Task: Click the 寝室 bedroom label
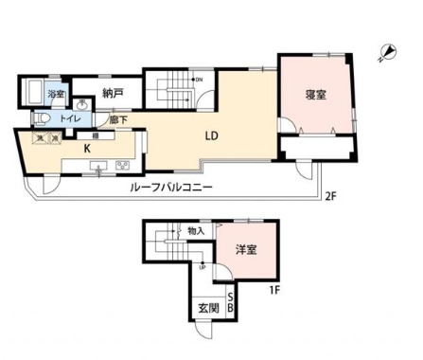(316, 95)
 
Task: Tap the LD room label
(213, 135)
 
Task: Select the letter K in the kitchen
(86, 149)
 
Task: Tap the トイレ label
(70, 119)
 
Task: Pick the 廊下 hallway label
(117, 120)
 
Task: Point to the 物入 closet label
(196, 230)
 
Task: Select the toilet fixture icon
(42, 118)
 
